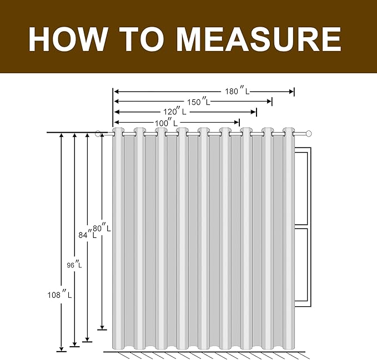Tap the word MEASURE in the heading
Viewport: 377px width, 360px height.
[259, 39]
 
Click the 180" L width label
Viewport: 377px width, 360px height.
[237, 91]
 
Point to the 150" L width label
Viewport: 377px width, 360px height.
[199, 102]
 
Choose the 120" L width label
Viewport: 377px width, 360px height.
[175, 111]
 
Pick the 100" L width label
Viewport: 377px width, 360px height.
[166, 123]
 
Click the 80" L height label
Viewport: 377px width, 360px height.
[102, 228]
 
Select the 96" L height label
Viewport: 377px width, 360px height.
[74, 265]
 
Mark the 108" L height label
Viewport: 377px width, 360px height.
[59, 295]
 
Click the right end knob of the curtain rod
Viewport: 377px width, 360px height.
[309, 133]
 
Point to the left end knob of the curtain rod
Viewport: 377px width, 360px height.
[98, 134]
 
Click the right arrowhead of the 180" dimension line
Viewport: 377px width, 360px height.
[291, 92]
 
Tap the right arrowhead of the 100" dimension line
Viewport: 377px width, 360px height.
[237, 123]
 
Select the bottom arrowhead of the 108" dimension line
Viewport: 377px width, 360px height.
[62, 349]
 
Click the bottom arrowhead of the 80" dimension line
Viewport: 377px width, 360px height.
[102, 327]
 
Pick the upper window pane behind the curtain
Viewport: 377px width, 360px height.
[301, 189]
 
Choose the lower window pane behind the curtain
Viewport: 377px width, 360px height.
[301, 265]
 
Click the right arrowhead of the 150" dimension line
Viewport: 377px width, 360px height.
[269, 102]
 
